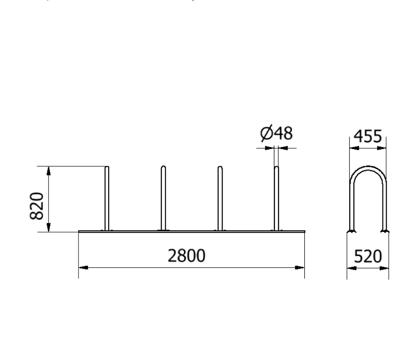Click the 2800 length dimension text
(186, 255)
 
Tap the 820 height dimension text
(37, 206)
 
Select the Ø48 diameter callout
(277, 133)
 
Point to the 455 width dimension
(368, 136)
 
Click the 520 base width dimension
(368, 256)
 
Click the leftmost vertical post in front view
(107, 199)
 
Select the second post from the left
(163, 198)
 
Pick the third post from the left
(220, 198)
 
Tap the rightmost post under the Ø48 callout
(277, 199)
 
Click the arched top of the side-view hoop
(368, 168)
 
